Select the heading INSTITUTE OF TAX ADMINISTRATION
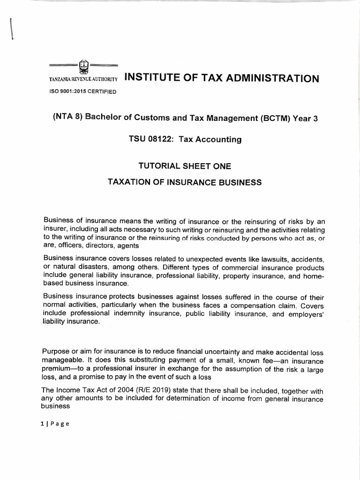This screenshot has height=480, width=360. [x=221, y=78]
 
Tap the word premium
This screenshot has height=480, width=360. [x=57, y=368]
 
